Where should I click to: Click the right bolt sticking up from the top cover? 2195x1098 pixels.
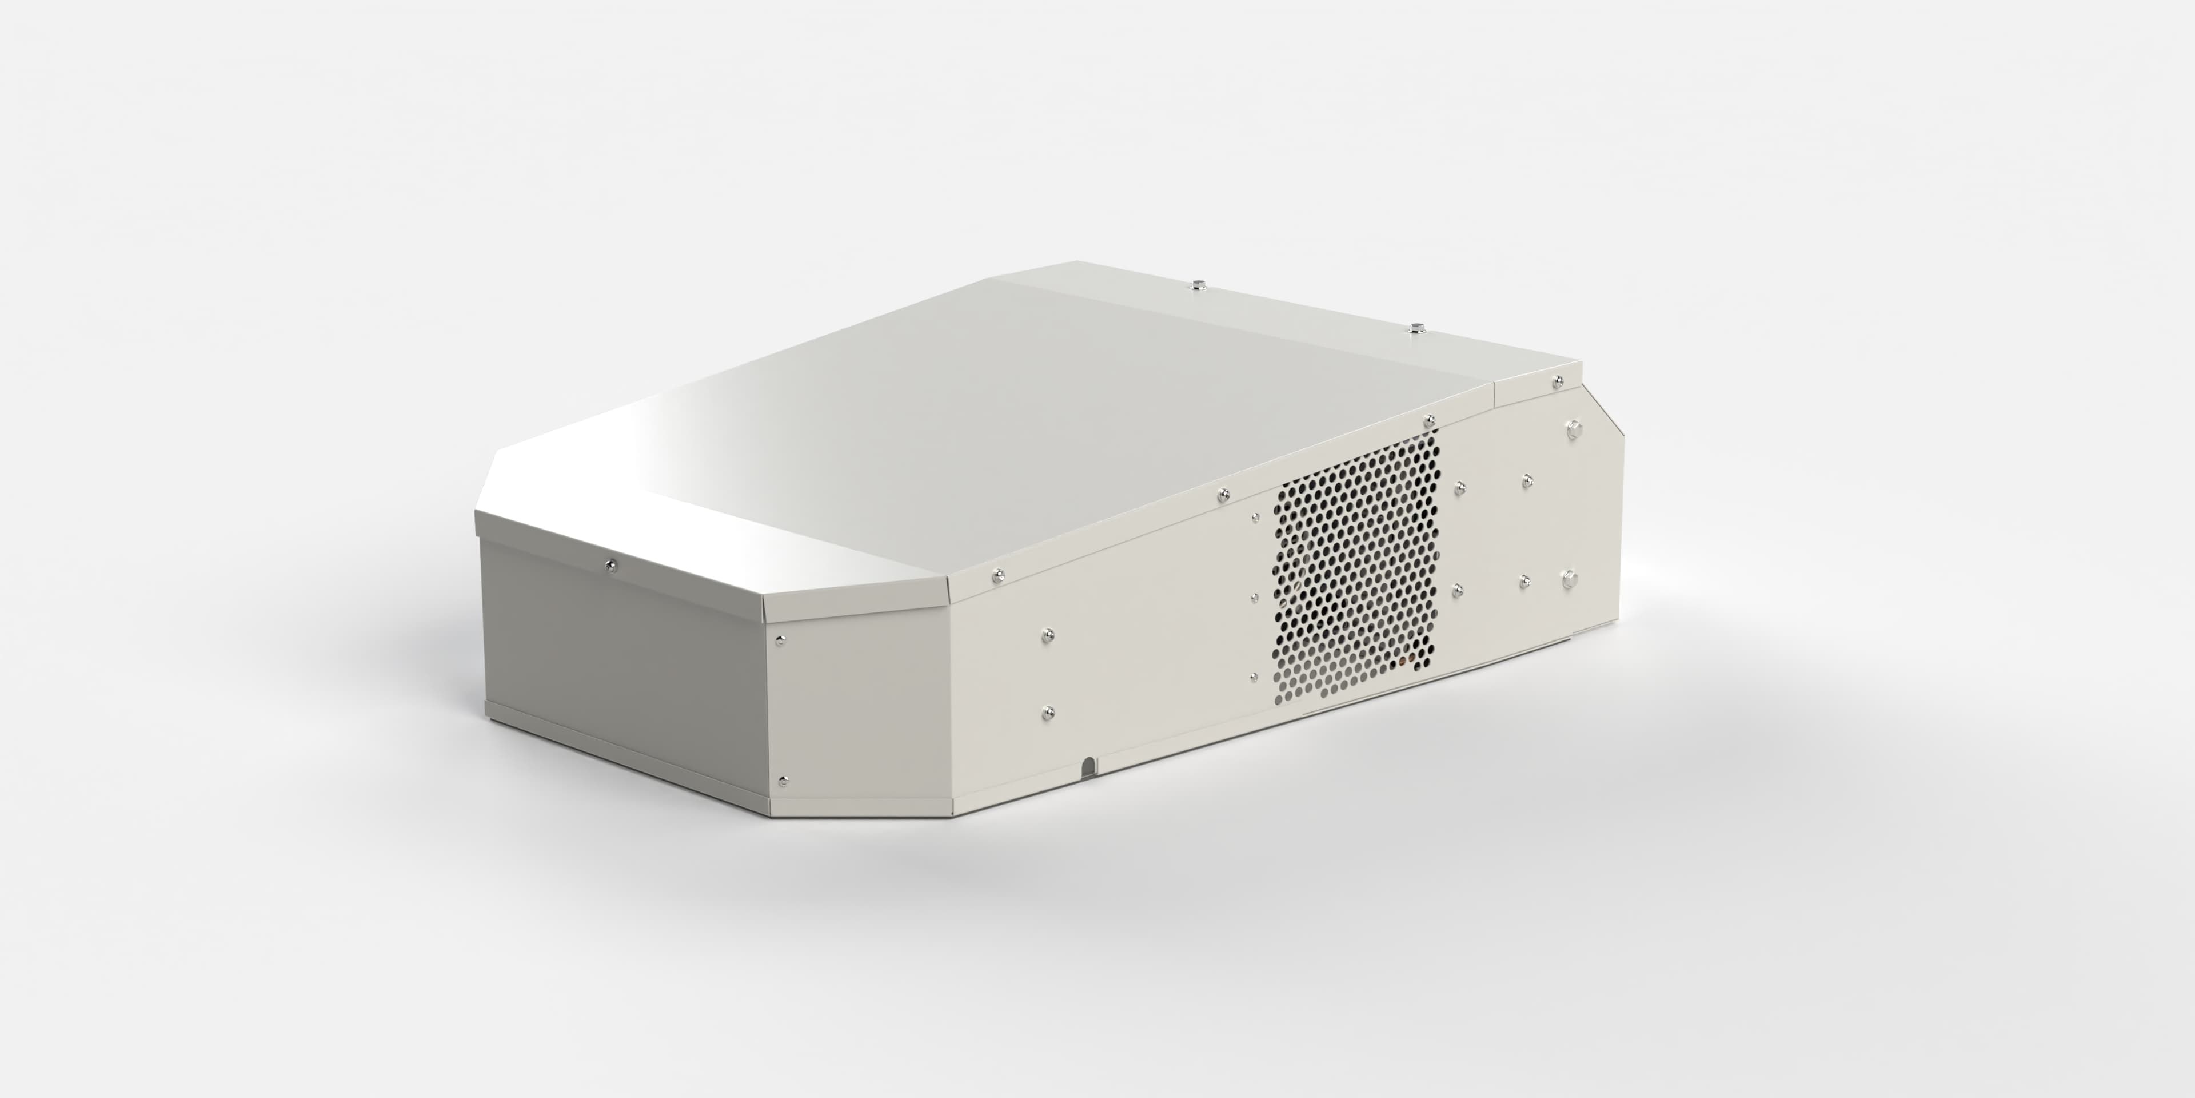pyautogui.click(x=1417, y=327)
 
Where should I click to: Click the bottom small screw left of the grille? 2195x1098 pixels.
pyautogui.click(x=1254, y=677)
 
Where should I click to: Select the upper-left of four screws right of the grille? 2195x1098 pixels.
pyautogui.click(x=1460, y=487)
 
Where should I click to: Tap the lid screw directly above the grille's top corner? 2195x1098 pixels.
pyautogui.click(x=1429, y=419)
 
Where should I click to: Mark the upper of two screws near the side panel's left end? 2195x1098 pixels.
pyautogui.click(x=1048, y=634)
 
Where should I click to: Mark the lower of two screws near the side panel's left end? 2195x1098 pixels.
pyautogui.click(x=1048, y=710)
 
